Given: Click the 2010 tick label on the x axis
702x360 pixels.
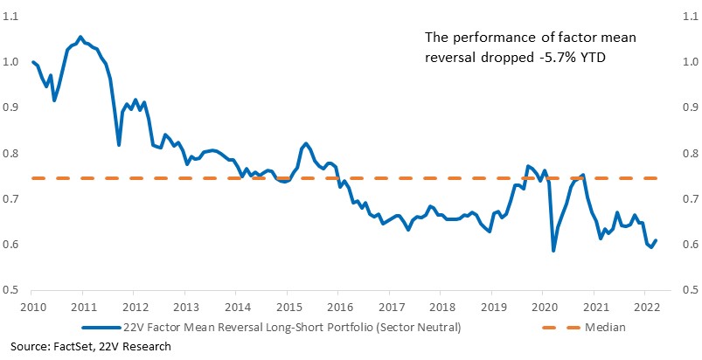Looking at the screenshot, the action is pos(31,308).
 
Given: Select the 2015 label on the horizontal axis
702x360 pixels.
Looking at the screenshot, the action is pos(287,308).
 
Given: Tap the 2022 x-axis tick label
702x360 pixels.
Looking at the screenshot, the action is pos(644,308).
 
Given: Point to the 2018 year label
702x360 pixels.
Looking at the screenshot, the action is pos(440,308).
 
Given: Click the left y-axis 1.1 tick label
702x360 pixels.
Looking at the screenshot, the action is pos(10,17).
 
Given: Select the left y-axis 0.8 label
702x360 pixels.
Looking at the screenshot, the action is pos(10,154).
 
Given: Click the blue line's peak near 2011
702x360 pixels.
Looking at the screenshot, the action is pos(80,37).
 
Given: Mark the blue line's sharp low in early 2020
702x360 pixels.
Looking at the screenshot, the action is pos(553,251).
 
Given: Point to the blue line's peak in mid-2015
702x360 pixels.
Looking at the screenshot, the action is pos(306,143).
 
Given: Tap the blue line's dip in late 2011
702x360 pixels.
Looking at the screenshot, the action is pos(119,145).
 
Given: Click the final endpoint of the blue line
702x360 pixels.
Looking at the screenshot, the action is pos(656,240).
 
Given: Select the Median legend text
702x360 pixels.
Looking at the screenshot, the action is pos(605,328).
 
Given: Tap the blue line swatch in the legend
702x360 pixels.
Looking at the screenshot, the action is pos(101,328).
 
